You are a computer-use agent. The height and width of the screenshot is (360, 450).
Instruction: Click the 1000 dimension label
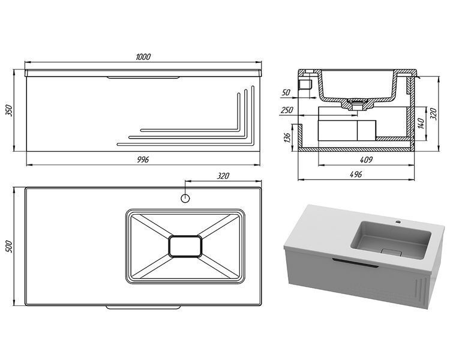(x=143, y=57)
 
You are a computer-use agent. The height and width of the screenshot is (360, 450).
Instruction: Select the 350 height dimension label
(x=9, y=110)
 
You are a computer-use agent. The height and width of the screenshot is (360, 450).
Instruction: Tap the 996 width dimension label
(x=143, y=160)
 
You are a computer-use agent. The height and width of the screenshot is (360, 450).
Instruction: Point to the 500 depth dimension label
(x=9, y=247)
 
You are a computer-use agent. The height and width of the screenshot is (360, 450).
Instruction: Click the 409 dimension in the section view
(x=366, y=160)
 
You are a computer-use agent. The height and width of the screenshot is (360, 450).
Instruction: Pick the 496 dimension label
(x=356, y=174)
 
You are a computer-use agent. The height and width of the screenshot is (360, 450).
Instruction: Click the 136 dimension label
(x=287, y=137)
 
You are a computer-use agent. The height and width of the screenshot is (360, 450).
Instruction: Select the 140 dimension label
(x=421, y=124)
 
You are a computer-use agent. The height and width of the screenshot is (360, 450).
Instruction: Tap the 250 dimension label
(x=287, y=110)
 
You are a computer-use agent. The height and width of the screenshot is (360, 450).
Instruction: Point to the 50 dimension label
(x=286, y=92)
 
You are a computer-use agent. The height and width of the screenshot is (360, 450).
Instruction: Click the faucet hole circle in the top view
(x=185, y=198)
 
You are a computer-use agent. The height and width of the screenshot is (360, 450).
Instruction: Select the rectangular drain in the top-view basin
(x=185, y=246)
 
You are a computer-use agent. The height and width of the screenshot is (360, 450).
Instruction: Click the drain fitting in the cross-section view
(x=358, y=104)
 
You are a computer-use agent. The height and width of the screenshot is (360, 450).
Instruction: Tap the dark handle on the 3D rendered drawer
(x=355, y=263)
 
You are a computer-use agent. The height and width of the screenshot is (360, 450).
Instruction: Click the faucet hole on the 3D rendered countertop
(x=398, y=222)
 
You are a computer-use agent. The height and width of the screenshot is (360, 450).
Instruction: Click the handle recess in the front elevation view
(x=143, y=77)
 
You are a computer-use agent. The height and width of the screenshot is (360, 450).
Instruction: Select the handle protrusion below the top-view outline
(x=143, y=307)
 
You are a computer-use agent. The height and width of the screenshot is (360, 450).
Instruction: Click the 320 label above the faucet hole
(x=223, y=176)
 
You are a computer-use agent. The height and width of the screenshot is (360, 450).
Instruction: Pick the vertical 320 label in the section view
(x=434, y=113)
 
